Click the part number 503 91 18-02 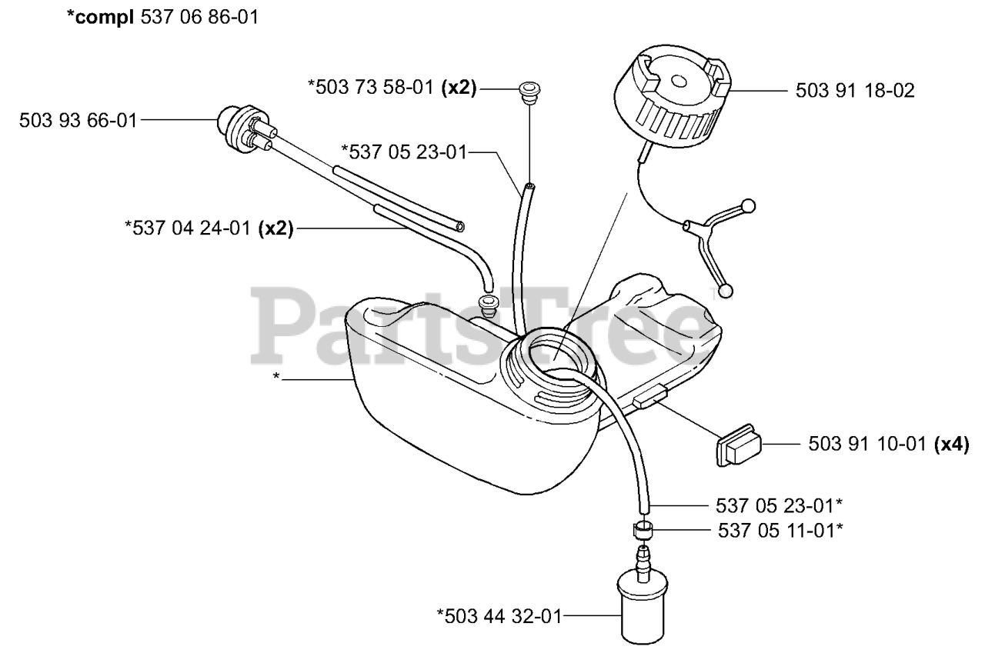pyautogui.click(x=854, y=91)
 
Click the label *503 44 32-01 pyautogui.click(x=499, y=615)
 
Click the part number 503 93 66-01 pyautogui.click(x=78, y=120)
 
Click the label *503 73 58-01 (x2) pyautogui.click(x=392, y=89)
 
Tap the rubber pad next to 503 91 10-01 pyautogui.click(x=740, y=445)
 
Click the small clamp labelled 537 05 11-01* pyautogui.click(x=641, y=530)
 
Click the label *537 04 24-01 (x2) pyautogui.click(x=209, y=228)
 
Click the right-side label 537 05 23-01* pyautogui.click(x=776, y=505)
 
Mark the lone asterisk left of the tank pyautogui.click(x=275, y=378)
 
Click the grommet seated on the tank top pyautogui.click(x=487, y=302)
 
